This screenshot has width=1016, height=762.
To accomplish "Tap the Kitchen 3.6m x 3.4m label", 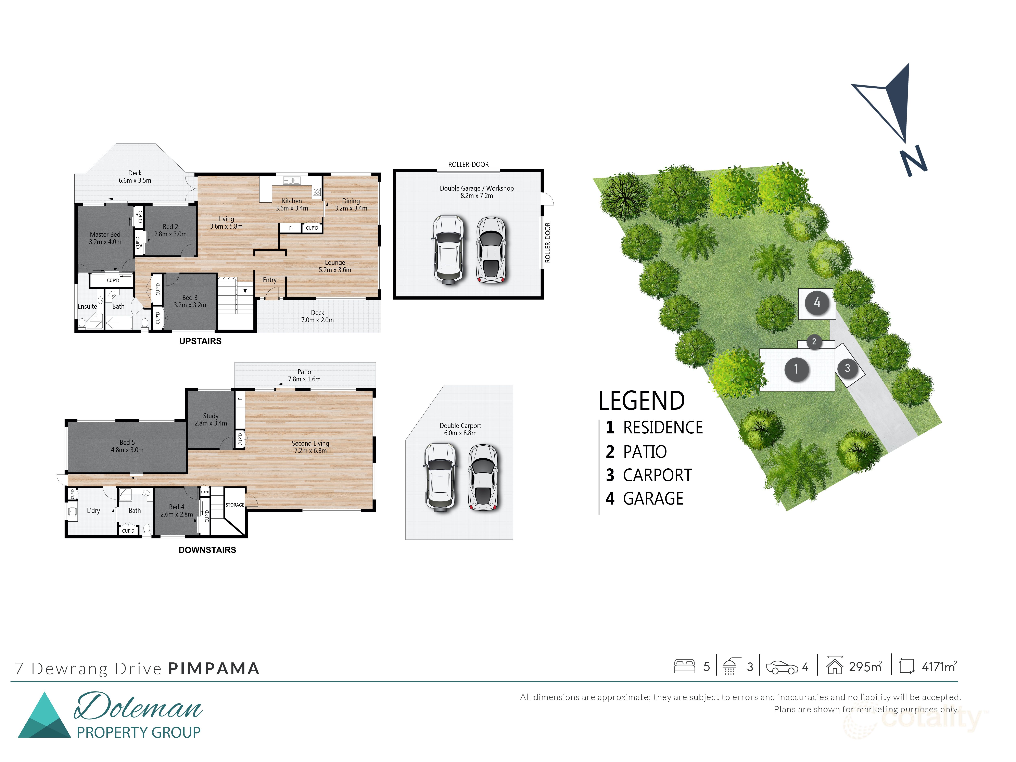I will [292, 204].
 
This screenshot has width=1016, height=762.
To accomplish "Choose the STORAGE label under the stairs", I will [235, 505].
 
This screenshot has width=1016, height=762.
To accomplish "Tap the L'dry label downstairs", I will [93, 510].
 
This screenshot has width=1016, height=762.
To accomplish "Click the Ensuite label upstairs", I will [87, 306].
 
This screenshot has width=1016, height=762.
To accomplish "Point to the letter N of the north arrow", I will [913, 161].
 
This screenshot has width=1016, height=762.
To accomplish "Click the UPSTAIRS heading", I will [200, 341].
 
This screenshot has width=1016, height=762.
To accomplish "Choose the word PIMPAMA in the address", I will [214, 668].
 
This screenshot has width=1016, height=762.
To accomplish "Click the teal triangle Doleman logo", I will [44, 716].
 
